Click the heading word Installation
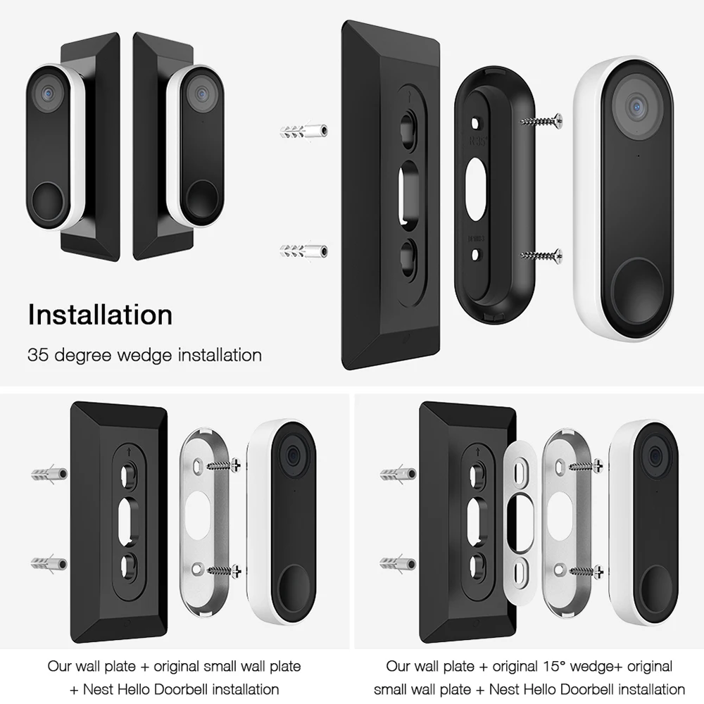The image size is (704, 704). pyautogui.click(x=100, y=315)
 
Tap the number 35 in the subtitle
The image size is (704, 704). pyautogui.click(x=38, y=355)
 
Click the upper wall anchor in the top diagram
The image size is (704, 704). pyautogui.click(x=304, y=132)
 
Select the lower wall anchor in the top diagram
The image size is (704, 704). pyautogui.click(x=304, y=251)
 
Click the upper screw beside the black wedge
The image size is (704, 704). pyautogui.click(x=541, y=121)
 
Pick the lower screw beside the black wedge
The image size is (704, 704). pyautogui.click(x=541, y=256)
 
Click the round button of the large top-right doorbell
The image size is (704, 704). pyautogui.click(x=638, y=290)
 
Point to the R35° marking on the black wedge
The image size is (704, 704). pyautogui.click(x=477, y=141)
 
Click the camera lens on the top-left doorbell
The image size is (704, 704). pyautogui.click(x=48, y=94)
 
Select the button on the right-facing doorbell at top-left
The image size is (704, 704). pyautogui.click(x=203, y=200)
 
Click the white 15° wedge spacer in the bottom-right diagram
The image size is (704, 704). pyautogui.click(x=520, y=523)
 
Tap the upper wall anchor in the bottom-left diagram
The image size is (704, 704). pyautogui.click(x=49, y=474)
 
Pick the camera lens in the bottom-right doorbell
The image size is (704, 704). pyautogui.click(x=655, y=458)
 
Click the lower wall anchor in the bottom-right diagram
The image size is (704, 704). pyautogui.click(x=398, y=563)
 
